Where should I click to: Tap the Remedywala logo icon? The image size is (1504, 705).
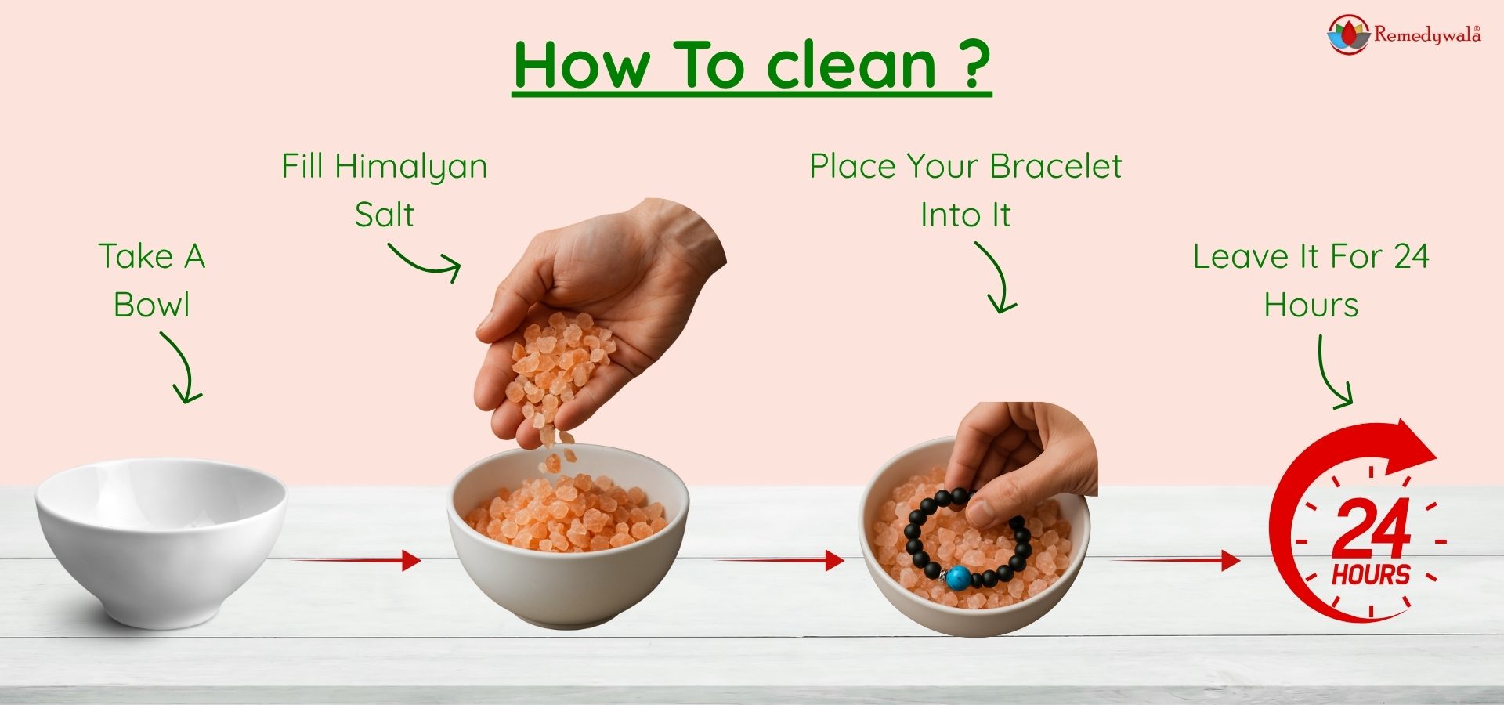point(1347,34)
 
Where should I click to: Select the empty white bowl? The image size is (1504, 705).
point(161,540)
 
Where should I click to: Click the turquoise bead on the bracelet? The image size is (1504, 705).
point(957,578)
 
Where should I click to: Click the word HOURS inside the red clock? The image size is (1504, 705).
point(1371,575)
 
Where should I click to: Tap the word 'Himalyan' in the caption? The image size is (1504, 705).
point(410,167)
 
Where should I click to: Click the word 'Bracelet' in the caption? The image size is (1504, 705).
point(1055,166)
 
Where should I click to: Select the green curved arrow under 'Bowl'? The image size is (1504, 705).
point(182,367)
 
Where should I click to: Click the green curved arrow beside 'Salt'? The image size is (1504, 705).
point(425,261)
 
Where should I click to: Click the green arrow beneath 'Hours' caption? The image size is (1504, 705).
point(1332,374)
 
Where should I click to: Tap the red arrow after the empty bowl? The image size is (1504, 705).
point(356,560)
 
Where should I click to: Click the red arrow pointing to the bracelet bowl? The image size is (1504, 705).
point(779,560)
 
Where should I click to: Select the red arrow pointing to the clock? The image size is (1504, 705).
point(1175,560)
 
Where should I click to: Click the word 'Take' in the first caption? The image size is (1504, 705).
point(136,257)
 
